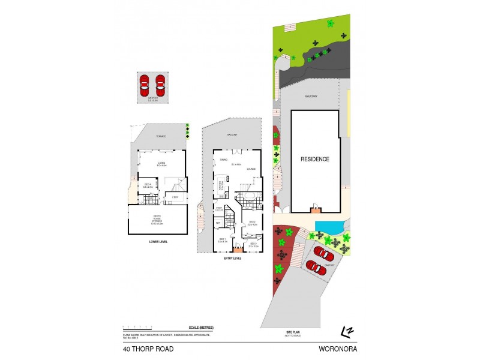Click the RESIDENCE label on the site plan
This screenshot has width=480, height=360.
click(315, 159)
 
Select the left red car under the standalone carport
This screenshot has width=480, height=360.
click(144, 82)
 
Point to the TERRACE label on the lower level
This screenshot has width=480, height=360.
click(161, 137)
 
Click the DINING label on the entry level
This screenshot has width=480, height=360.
click(223, 160)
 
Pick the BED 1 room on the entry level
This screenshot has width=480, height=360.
click(222, 240)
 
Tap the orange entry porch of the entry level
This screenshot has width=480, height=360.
click(237, 248)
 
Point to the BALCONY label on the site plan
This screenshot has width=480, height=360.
click(310, 95)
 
